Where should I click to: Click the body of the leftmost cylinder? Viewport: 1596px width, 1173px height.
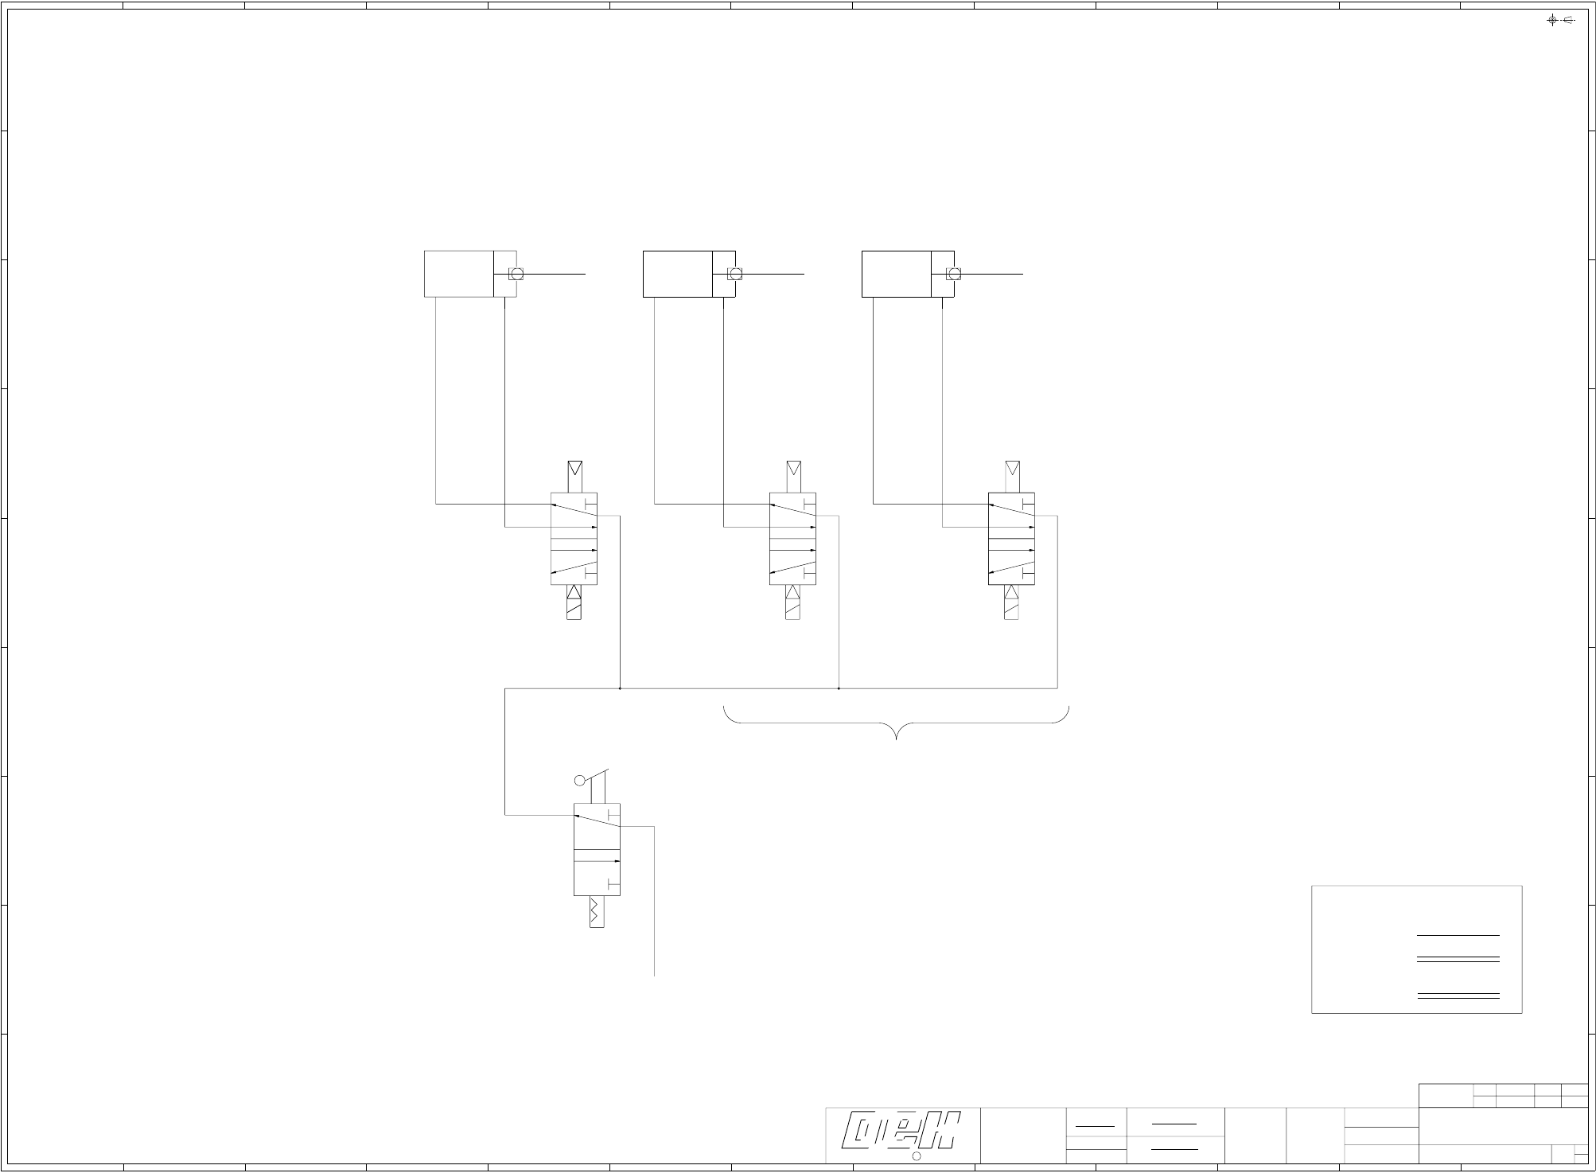point(458,274)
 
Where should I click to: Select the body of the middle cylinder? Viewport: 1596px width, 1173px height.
point(677,274)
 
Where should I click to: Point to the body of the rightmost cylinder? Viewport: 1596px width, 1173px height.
point(896,274)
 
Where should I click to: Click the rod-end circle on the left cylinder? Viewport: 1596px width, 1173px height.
point(516,274)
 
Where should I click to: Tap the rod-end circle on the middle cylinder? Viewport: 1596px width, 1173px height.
point(735,274)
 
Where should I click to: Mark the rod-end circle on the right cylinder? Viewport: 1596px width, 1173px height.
point(954,274)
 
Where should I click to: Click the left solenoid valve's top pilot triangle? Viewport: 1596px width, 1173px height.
point(574,468)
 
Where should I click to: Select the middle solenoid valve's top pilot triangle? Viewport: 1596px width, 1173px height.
point(793,468)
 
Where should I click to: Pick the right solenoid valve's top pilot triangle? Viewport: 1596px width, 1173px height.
point(1012,468)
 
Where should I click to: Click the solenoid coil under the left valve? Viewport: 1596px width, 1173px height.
point(574,610)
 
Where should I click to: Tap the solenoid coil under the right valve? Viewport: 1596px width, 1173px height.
point(1011,610)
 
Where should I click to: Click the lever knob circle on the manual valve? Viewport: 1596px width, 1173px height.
point(580,781)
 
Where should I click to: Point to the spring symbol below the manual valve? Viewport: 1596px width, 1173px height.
point(597,911)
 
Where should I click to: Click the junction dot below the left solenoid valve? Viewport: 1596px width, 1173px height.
point(620,688)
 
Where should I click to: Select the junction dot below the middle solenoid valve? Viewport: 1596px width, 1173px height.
point(839,688)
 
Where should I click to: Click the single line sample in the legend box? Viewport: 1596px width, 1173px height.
point(1458,935)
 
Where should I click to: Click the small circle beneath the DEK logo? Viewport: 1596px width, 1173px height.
point(916,1156)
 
